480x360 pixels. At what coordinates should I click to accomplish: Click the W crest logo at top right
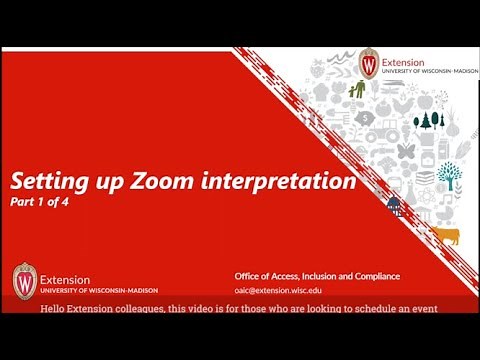(x=369, y=63)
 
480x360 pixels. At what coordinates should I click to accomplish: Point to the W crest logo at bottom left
(x=24, y=279)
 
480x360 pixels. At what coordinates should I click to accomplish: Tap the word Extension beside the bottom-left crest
(x=65, y=279)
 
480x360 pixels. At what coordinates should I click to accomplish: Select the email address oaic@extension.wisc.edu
(x=285, y=289)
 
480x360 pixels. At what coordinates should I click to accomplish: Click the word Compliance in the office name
(x=372, y=275)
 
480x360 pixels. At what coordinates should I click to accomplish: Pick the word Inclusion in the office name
(x=317, y=275)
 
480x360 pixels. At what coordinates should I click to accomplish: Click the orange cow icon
(x=447, y=236)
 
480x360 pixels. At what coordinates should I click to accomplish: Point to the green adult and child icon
(x=356, y=93)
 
